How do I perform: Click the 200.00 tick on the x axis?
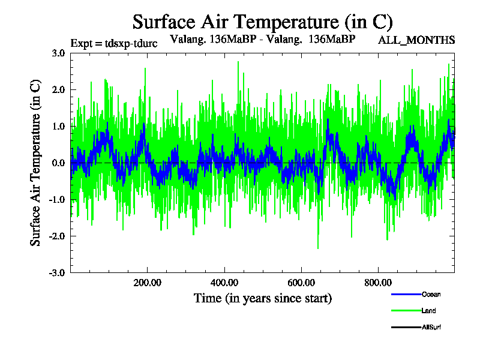click(147, 282)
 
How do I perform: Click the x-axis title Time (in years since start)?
click(262, 298)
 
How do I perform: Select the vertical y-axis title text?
click(36, 163)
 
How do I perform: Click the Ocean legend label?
click(431, 295)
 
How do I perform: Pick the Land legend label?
click(428, 311)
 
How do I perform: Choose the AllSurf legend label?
click(431, 327)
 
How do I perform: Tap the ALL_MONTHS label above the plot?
click(416, 40)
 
